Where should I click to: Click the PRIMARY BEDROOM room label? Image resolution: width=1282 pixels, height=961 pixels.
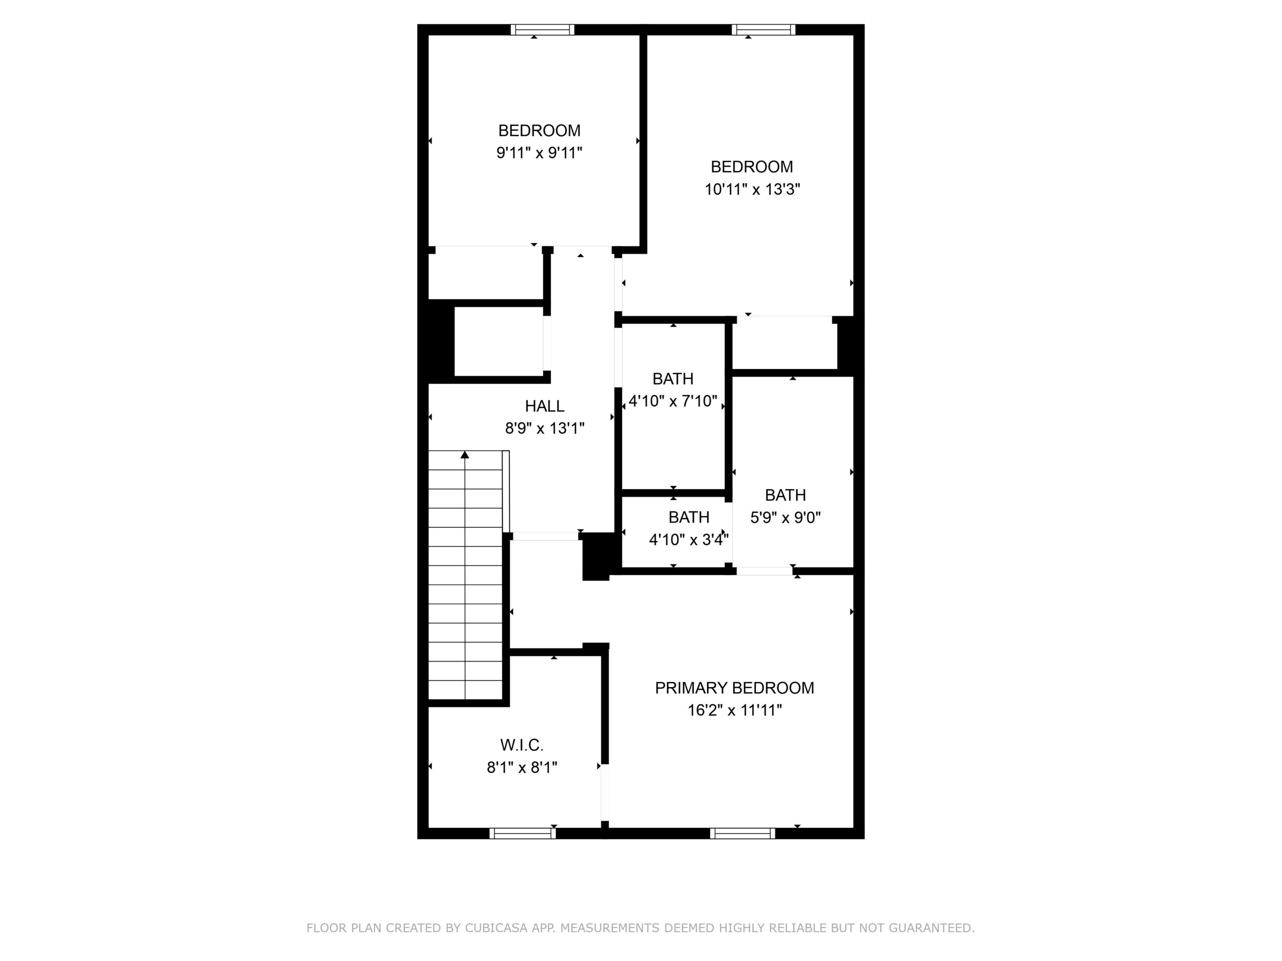[x=734, y=688]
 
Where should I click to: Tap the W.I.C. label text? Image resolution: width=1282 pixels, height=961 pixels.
[x=522, y=744]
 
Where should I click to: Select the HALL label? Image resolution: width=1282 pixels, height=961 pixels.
[x=544, y=406]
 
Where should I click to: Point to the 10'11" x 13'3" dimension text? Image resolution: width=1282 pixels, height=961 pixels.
[x=752, y=189]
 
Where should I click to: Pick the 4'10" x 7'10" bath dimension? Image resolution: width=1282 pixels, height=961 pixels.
[x=673, y=401]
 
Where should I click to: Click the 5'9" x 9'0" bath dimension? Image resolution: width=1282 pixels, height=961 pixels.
[x=785, y=517]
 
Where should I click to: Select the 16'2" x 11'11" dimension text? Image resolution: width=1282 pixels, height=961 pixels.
[x=734, y=710]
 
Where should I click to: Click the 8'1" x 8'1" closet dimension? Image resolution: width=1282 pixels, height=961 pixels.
[x=522, y=767]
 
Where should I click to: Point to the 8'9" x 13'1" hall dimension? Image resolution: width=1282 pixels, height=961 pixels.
[x=544, y=428]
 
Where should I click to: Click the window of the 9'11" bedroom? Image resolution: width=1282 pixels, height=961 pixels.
[x=542, y=30]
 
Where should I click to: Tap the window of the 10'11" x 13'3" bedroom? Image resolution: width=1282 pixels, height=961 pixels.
[x=763, y=30]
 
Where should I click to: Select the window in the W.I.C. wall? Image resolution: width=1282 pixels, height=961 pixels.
[x=523, y=833]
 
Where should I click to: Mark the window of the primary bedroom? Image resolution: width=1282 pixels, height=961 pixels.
[x=743, y=833]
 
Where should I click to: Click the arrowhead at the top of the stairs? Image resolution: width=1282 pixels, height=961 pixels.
[x=465, y=454]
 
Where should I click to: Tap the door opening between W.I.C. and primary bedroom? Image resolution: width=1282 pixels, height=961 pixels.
[x=605, y=792]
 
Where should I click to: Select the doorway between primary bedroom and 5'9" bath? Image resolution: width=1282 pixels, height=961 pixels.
[x=765, y=571]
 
